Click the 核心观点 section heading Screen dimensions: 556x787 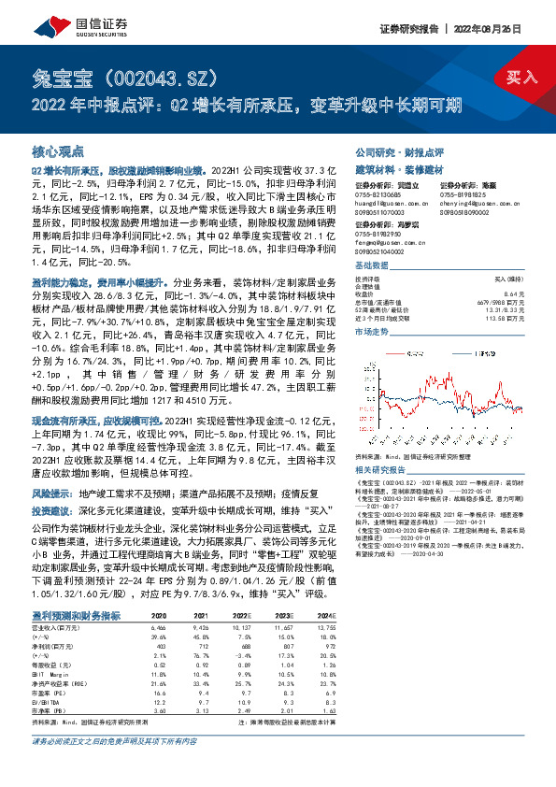(x=59, y=150)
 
